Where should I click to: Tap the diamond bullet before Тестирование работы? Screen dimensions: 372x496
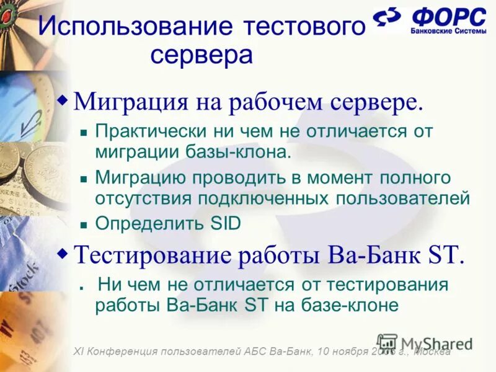point(63,252)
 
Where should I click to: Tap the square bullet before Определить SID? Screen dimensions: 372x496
point(83,224)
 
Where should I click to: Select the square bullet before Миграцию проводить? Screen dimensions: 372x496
point(83,179)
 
